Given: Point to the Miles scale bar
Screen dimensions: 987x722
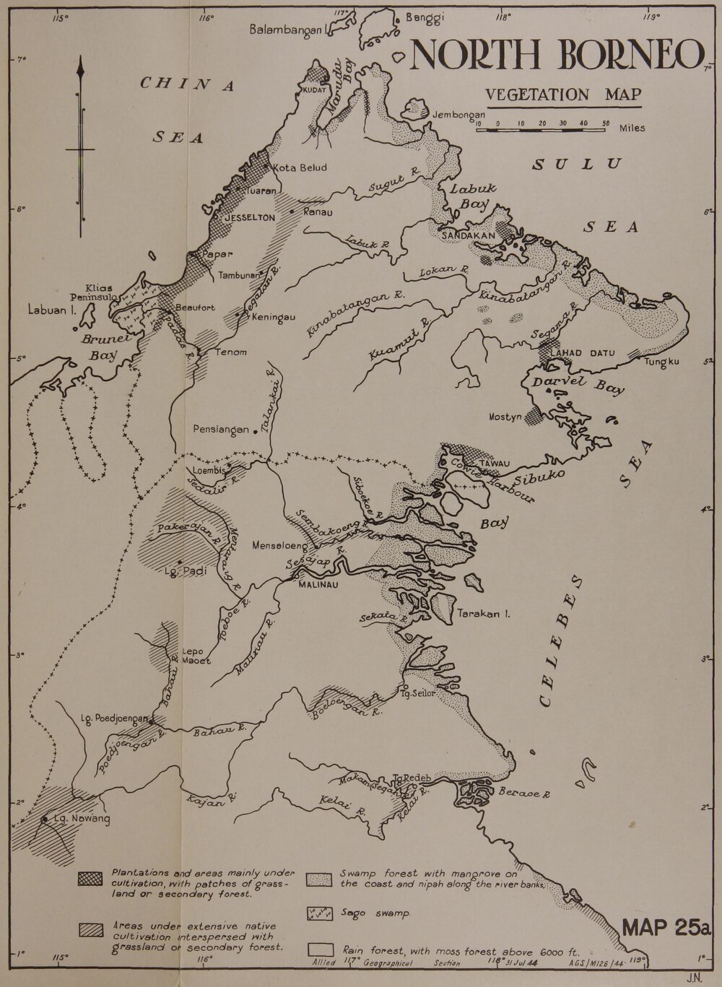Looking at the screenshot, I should [x=540, y=131].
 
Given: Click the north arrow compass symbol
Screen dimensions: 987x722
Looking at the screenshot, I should [x=80, y=149].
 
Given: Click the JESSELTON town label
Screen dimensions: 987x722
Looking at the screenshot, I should [x=247, y=217].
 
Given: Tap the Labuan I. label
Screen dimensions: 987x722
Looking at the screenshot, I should [x=53, y=312].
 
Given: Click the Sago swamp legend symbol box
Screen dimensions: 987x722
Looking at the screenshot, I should [x=318, y=912].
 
